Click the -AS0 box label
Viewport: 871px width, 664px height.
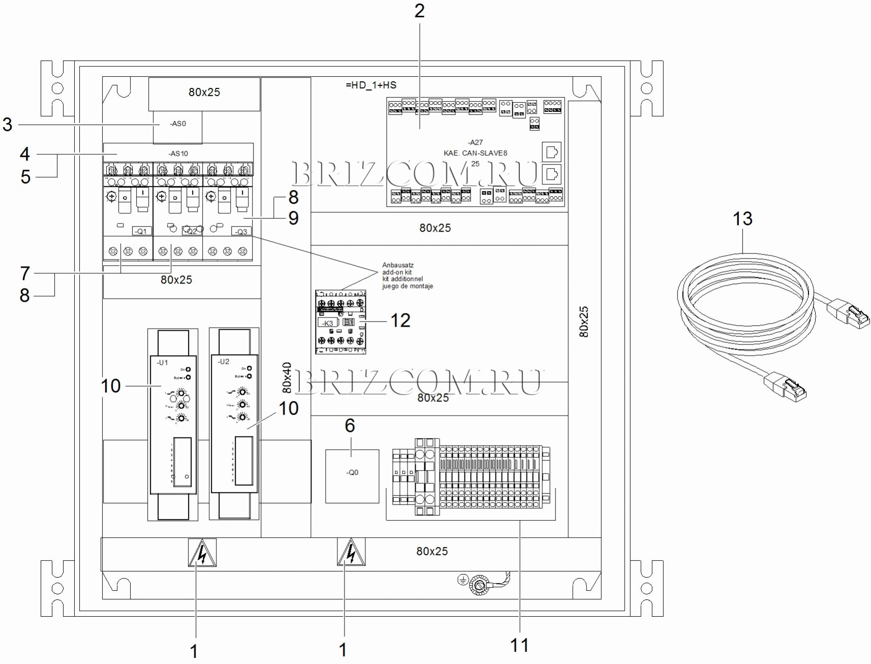[178, 124]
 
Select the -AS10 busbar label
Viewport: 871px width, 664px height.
[178, 153]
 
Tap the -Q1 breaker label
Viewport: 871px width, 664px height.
[141, 231]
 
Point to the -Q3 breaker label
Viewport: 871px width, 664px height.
[241, 232]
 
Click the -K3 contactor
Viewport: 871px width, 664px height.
[340, 322]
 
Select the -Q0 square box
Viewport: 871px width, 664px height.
[352, 476]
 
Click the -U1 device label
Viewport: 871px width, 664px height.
[162, 363]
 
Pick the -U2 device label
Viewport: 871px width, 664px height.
[224, 362]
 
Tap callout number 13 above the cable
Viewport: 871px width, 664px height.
[742, 219]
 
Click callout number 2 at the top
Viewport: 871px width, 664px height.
[419, 11]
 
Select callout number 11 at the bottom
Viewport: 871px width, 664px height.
[519, 645]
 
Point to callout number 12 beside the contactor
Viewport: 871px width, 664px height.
[400, 321]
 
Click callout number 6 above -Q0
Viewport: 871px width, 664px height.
[350, 426]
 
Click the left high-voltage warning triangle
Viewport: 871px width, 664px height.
[202, 553]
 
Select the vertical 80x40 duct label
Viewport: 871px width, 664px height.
[287, 378]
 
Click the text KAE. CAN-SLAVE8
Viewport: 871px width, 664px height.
[475, 153]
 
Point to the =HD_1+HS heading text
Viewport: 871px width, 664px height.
[371, 85]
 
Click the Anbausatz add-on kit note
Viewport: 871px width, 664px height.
[407, 276]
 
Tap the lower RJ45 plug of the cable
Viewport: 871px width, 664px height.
[787, 388]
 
